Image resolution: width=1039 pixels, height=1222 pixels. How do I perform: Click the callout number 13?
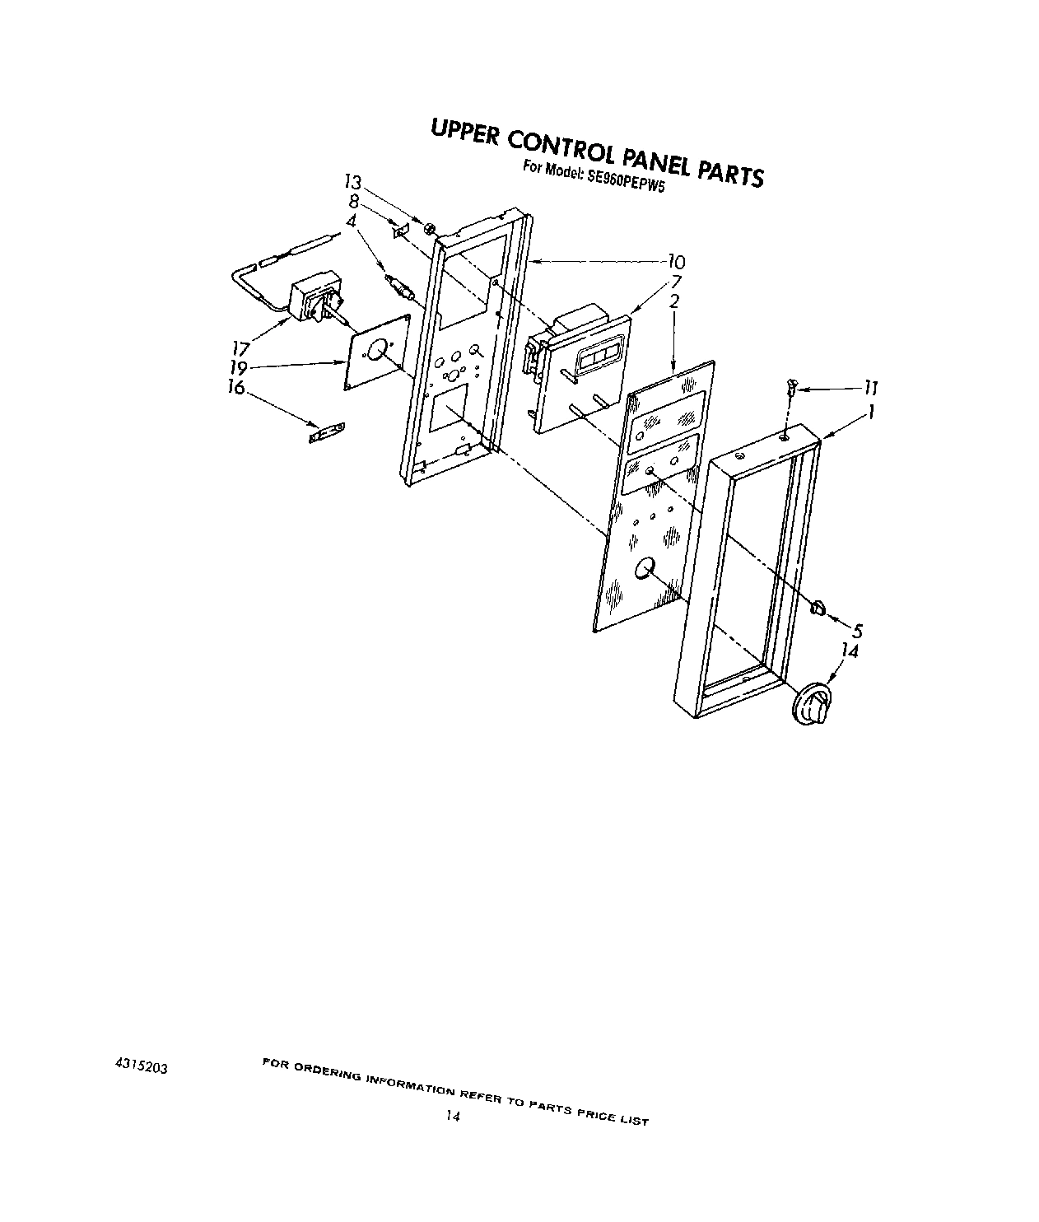(x=352, y=183)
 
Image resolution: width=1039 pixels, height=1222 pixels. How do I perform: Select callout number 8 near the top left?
(x=354, y=200)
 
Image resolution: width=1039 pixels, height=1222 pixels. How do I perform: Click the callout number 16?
(x=236, y=387)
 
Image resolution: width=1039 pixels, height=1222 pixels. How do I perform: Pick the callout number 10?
(x=675, y=263)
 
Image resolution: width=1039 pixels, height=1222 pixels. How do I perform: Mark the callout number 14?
(x=849, y=651)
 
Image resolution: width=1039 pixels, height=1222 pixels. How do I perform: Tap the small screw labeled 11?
(x=793, y=385)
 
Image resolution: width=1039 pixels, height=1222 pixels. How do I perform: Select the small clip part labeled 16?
(x=327, y=432)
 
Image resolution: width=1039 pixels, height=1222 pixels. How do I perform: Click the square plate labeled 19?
(x=377, y=352)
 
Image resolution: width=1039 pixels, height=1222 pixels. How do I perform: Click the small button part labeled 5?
(x=817, y=609)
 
